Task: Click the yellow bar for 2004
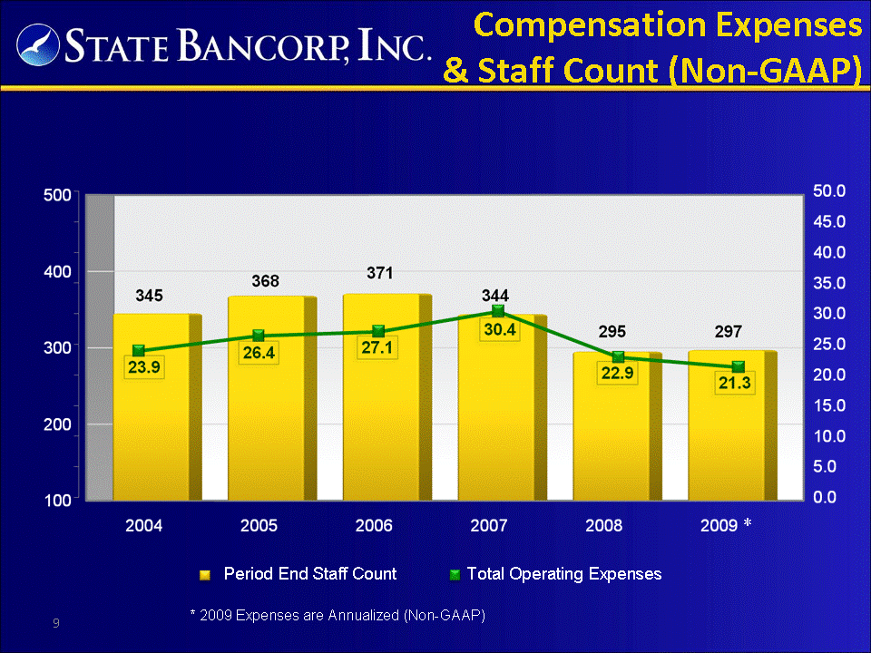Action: click(x=157, y=407)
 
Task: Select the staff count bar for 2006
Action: click(x=387, y=397)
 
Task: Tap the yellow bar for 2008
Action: click(x=617, y=426)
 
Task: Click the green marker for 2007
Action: click(x=498, y=311)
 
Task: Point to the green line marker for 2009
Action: click(x=739, y=366)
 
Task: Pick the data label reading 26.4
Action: click(x=259, y=353)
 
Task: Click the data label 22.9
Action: click(x=617, y=373)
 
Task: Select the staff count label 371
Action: click(x=380, y=273)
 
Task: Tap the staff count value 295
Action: click(x=612, y=332)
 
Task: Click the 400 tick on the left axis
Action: click(x=57, y=272)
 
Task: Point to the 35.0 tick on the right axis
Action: click(x=829, y=283)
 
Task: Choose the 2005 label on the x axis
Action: click(x=259, y=525)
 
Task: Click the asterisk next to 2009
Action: click(x=748, y=522)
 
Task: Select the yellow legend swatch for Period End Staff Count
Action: click(x=205, y=575)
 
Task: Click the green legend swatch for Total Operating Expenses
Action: click(x=455, y=575)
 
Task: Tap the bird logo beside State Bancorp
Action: click(x=38, y=45)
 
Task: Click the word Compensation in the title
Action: click(x=590, y=26)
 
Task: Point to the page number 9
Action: click(x=56, y=623)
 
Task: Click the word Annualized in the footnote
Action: click(x=363, y=615)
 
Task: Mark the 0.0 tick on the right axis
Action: click(x=825, y=497)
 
